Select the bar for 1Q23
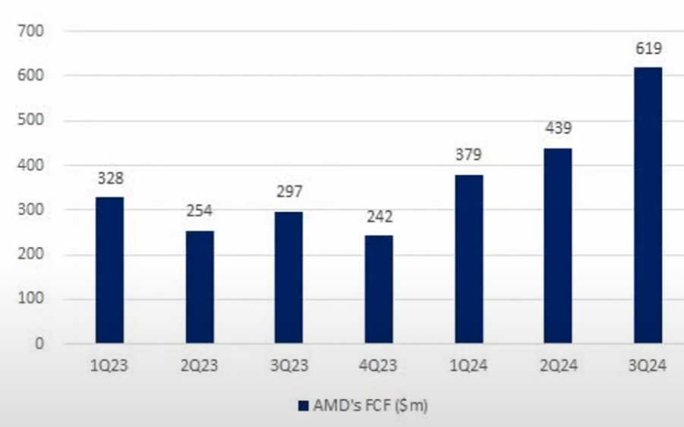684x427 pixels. [109, 270]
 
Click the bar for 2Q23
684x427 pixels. [200, 286]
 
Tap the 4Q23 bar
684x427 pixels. [379, 289]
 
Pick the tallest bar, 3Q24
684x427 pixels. [648, 205]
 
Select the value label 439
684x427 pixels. [558, 129]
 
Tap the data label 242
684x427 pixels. [379, 217]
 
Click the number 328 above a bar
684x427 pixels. [110, 179]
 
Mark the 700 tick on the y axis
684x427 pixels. [33, 31]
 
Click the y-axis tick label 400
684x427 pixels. [33, 165]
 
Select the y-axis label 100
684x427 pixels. [33, 299]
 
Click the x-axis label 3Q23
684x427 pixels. [289, 366]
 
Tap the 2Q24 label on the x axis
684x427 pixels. [558, 366]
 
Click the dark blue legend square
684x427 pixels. [303, 406]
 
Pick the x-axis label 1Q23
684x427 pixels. [110, 366]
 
